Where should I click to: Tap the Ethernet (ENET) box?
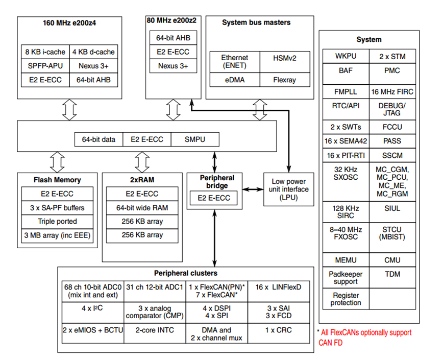click(235, 62)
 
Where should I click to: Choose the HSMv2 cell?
click(285, 58)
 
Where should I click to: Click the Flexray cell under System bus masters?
click(285, 80)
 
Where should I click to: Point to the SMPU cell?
click(195, 139)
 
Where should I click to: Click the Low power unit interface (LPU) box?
click(288, 189)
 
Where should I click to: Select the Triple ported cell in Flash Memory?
click(58, 222)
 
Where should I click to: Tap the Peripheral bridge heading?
click(217, 182)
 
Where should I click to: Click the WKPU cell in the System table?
click(346, 56)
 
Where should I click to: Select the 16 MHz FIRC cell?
click(392, 92)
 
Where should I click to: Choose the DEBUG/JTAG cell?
click(392, 109)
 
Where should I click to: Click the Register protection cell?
click(346, 299)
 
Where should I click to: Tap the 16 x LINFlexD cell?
click(279, 287)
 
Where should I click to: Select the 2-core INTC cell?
click(154, 330)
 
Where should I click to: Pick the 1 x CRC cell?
click(279, 330)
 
